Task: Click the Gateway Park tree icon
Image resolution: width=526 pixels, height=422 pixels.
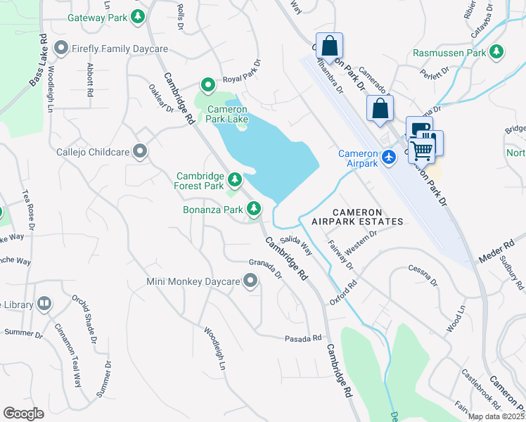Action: (139, 15)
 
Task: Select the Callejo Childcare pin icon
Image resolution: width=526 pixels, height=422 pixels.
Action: (140, 151)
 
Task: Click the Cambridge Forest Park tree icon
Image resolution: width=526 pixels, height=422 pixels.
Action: (234, 181)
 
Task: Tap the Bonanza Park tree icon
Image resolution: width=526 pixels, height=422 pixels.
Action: (253, 209)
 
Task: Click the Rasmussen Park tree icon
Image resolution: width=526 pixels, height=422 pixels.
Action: (497, 52)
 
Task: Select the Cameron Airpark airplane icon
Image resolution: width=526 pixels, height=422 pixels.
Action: (389, 158)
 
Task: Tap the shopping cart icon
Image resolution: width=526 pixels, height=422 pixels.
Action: (422, 148)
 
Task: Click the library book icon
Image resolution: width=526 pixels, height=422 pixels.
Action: (44, 304)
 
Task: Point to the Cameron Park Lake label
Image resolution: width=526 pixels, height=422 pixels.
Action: (226, 114)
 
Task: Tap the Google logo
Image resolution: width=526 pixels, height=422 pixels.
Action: (23, 414)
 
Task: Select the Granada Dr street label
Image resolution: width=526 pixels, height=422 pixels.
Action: (264, 268)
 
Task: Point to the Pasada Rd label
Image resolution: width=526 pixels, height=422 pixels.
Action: (303, 338)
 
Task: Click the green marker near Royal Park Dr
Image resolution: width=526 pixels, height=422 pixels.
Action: (207, 86)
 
